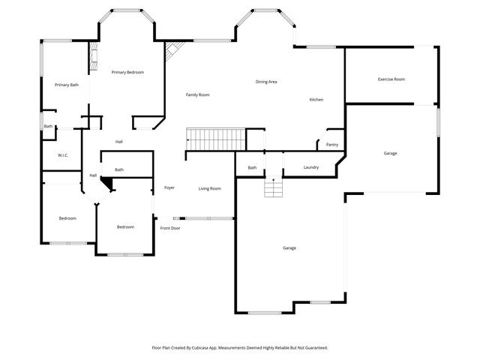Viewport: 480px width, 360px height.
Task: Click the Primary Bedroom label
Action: [127, 72]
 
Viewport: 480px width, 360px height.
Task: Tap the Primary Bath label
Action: [67, 85]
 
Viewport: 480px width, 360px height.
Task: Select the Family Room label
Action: [198, 94]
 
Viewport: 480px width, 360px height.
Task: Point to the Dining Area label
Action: [266, 82]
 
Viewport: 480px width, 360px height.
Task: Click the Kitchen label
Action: [316, 100]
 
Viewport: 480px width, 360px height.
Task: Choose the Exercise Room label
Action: [391, 79]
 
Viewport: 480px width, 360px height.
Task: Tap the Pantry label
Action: [332, 144]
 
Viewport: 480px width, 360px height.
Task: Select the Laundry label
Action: [311, 168]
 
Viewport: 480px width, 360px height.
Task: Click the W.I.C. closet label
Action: [63, 155]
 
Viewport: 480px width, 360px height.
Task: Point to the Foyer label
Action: [169, 187]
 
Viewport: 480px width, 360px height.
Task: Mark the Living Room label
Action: [209, 188]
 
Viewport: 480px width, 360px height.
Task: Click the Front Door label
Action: [170, 228]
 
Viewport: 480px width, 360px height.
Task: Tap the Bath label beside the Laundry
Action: [252, 168]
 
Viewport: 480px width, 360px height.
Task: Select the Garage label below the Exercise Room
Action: [390, 153]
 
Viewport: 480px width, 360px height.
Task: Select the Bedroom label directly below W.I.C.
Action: [67, 218]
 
